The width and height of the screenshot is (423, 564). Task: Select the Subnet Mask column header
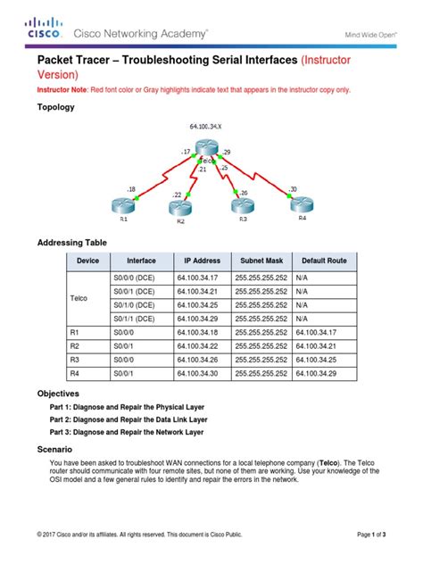click(x=259, y=261)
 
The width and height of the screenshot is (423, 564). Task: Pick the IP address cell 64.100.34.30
click(x=197, y=374)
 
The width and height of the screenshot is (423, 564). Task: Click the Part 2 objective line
click(x=129, y=418)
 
